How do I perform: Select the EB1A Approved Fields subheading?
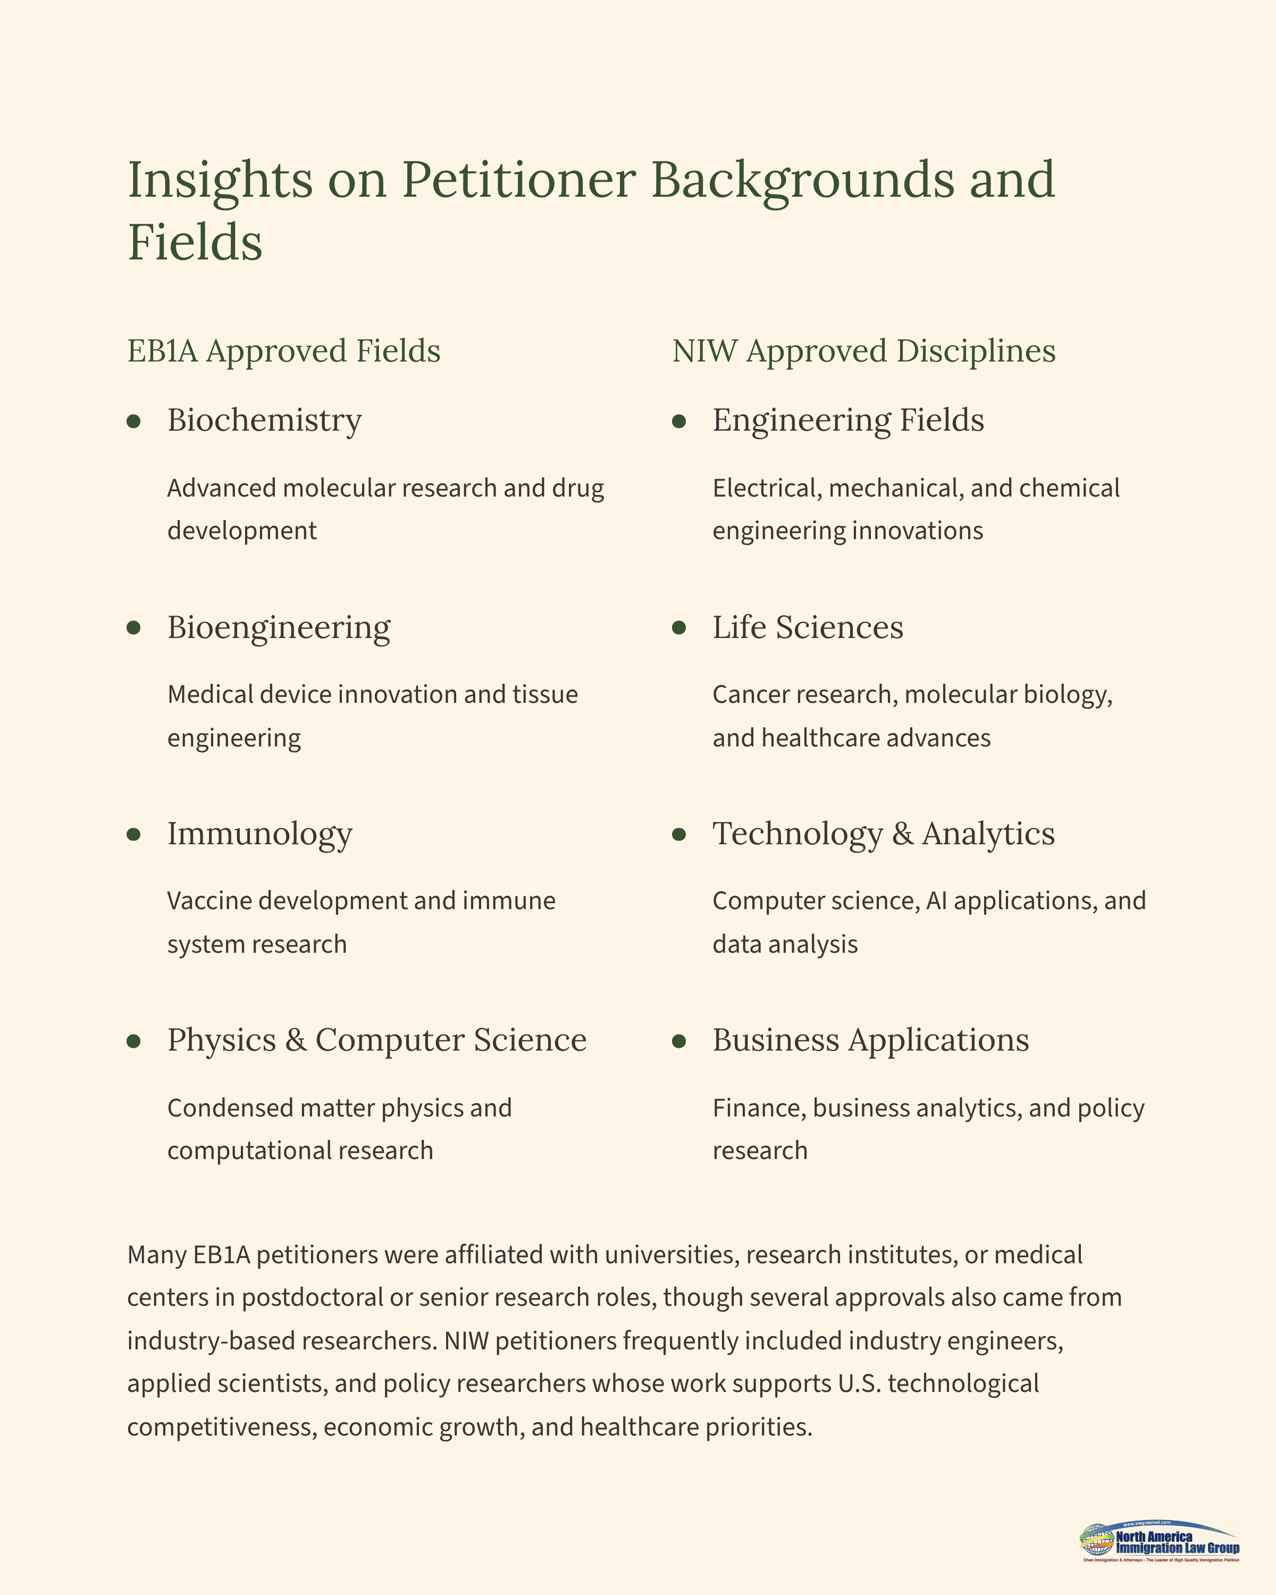coord(283,351)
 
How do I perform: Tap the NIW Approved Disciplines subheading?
coord(863,351)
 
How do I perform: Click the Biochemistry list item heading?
coord(264,420)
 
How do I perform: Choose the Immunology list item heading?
coord(259,834)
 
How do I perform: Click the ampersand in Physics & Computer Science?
coord(295,1040)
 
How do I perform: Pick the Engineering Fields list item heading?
coord(847,420)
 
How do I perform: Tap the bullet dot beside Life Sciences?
coord(679,628)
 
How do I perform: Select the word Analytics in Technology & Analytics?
coord(988,834)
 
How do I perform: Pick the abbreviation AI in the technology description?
coord(936,901)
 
